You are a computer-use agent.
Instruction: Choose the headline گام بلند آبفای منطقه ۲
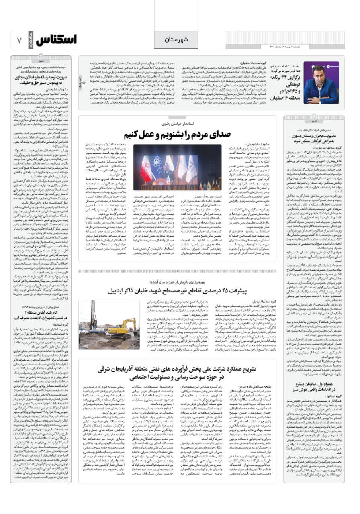pyautogui.click(x=43, y=314)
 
